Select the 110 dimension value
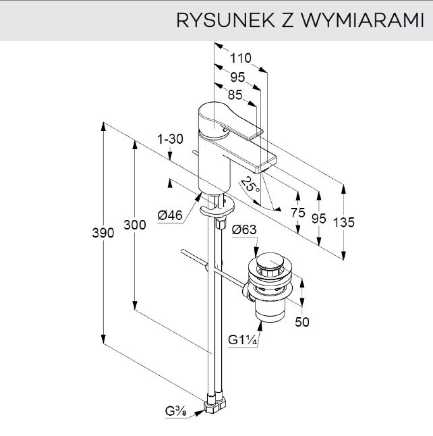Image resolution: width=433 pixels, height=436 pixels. pos(239,58)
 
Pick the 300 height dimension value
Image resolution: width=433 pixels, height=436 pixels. pos(135,225)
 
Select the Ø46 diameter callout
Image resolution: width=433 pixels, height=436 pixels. pos(170,215)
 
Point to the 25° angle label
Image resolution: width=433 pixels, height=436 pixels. pos(251,184)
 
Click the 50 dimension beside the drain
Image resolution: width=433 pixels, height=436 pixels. pos(302,323)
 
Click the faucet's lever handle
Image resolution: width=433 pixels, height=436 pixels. pos(233,118)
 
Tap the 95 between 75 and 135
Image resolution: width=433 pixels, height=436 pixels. pos(319,218)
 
